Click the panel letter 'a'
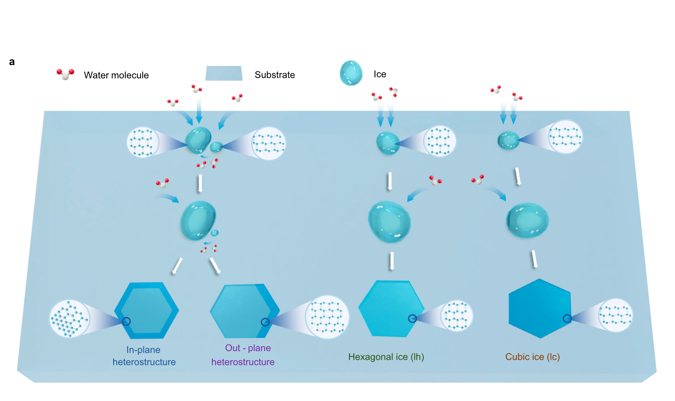tap(12, 62)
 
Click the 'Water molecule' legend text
tap(116, 75)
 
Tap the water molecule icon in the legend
tap(65, 74)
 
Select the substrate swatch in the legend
tap(224, 73)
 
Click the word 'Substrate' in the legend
tap(275, 75)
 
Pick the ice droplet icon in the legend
tap(351, 73)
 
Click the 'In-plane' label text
tap(143, 350)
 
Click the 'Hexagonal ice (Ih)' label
tap(386, 357)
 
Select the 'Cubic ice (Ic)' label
tap(532, 357)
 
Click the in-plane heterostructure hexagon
tap(147, 310)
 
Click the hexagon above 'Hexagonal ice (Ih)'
tap(390, 309)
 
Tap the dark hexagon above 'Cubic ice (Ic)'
tap(540, 309)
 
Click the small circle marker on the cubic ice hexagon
tap(567, 318)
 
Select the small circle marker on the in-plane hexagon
tap(126, 322)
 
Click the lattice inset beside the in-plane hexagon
tap(69, 319)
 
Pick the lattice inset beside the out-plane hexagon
tap(327, 317)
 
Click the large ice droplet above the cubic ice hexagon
tap(527, 220)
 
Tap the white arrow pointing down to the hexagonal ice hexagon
tap(391, 261)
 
